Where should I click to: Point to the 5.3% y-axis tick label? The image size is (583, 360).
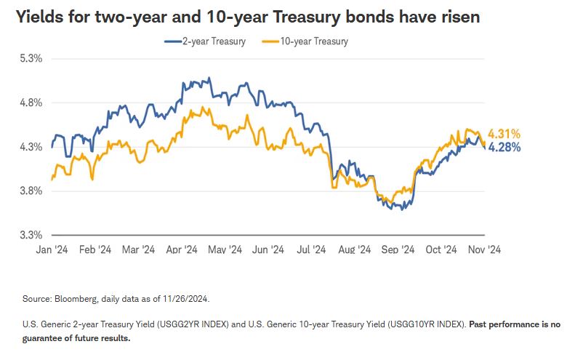click(x=31, y=58)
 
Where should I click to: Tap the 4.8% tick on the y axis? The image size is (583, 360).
click(x=31, y=103)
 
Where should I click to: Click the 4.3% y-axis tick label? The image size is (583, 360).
click(x=31, y=147)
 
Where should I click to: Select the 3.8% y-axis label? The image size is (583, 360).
click(x=31, y=191)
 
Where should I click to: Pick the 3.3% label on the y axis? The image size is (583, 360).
click(x=31, y=236)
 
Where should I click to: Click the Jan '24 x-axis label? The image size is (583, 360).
click(x=52, y=249)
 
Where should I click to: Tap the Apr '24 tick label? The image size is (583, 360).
click(x=181, y=249)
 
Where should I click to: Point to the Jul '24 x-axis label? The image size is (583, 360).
click(x=310, y=249)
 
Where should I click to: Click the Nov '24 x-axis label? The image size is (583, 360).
click(x=483, y=249)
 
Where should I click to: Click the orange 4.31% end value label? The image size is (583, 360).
click(x=504, y=134)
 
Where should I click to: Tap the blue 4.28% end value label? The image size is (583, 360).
click(x=504, y=147)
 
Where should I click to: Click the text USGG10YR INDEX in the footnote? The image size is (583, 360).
click(x=429, y=324)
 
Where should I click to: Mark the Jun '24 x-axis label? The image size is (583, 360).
click(x=268, y=249)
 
